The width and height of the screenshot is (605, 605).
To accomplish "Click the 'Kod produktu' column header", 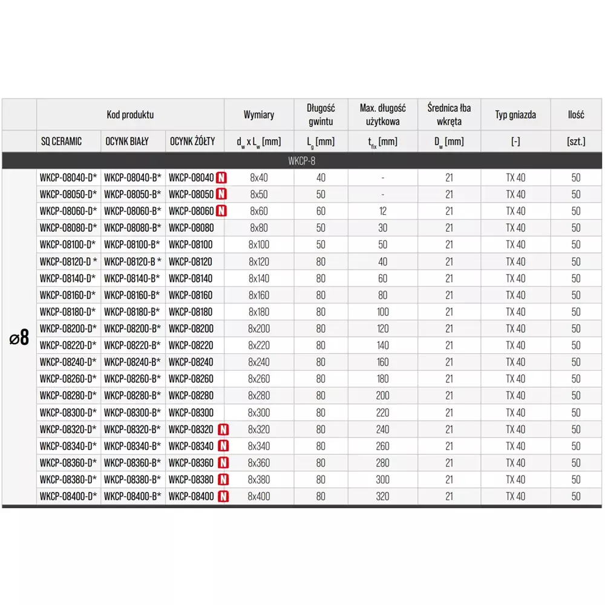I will pos(130,114).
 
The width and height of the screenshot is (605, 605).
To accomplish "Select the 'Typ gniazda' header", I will pos(515,114).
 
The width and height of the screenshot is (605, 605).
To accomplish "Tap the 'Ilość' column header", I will pos(575,114).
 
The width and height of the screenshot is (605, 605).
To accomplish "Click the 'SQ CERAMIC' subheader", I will pos(62,142).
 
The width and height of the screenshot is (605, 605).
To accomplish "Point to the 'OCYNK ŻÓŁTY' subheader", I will pos(192,142).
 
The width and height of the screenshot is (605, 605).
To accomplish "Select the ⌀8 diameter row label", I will pos(19,338).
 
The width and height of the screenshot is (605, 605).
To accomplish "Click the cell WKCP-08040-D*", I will pos(68,178).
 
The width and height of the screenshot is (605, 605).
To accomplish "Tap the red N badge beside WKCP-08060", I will pos(222,211).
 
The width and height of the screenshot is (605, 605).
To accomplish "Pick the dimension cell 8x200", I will pos(258,329).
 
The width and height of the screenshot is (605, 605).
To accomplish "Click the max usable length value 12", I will pos(383,211).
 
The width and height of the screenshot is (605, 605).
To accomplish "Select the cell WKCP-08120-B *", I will pos(133,262).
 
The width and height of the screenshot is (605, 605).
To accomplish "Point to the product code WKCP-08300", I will pos(191,413).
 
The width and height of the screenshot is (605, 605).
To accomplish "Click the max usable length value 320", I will pos(383,497).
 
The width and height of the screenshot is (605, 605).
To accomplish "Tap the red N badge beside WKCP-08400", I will pos(223,497).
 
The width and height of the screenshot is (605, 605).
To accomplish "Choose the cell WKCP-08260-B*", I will pos(132,379).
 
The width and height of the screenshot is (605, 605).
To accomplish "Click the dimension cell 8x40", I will pos(258,178).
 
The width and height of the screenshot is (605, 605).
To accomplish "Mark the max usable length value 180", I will pos(383,379).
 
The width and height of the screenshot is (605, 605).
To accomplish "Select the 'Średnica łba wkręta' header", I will pos(449,114).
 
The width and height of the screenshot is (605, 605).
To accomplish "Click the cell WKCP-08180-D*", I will pos(68,312).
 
